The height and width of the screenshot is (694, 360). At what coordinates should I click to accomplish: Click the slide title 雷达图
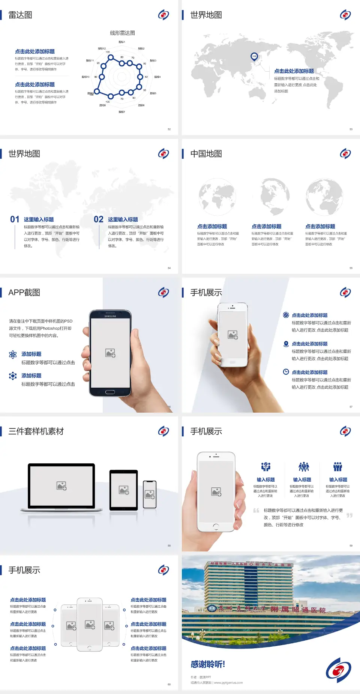click(20, 15)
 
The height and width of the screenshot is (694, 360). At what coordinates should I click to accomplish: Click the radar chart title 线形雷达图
click(122, 33)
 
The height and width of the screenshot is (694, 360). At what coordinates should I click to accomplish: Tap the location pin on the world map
click(254, 57)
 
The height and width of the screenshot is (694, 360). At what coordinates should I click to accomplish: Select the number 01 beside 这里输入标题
click(15, 219)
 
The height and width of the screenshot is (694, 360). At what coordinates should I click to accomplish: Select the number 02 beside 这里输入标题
click(99, 219)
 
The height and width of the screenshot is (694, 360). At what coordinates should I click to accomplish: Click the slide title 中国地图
click(206, 154)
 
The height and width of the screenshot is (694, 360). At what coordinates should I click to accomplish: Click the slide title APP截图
click(24, 293)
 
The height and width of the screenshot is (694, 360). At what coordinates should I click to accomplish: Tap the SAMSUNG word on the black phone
click(110, 316)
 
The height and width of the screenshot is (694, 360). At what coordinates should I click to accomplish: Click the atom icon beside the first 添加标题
click(13, 355)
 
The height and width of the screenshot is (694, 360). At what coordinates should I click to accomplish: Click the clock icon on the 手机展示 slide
click(286, 372)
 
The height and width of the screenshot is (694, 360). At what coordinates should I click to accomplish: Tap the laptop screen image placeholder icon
click(61, 486)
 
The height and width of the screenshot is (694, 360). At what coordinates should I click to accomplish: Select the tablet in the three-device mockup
click(124, 490)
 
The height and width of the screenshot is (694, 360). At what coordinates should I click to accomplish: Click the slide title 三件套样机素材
click(36, 431)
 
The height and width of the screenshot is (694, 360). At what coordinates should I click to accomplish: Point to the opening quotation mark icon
click(256, 511)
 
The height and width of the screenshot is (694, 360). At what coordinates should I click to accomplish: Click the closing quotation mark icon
click(349, 515)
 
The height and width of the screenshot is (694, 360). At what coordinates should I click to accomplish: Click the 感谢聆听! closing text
click(208, 664)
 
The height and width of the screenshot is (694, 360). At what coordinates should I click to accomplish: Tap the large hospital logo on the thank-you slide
click(338, 670)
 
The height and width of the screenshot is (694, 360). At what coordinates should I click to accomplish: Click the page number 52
click(169, 129)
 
